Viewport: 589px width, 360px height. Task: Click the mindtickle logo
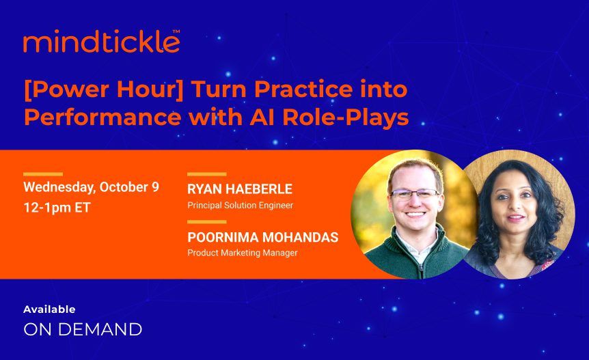(x=101, y=42)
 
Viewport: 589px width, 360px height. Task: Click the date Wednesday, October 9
(x=91, y=187)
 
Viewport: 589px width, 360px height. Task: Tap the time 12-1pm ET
(x=57, y=207)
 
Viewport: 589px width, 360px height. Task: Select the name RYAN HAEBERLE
(x=240, y=189)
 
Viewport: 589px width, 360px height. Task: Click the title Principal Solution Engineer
(x=240, y=205)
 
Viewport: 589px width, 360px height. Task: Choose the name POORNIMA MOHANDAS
(x=262, y=238)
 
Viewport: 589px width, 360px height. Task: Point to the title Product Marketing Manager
(x=242, y=253)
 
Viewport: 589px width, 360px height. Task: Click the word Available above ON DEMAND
(x=49, y=309)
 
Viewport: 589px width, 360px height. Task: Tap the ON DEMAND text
(x=83, y=329)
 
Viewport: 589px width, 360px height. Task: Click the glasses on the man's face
(x=414, y=194)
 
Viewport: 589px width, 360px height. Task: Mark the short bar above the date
(x=42, y=174)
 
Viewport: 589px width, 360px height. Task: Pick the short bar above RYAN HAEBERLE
(x=206, y=174)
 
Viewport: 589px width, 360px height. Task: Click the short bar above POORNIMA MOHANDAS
(x=206, y=222)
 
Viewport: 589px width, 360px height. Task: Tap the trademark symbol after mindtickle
(x=176, y=31)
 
